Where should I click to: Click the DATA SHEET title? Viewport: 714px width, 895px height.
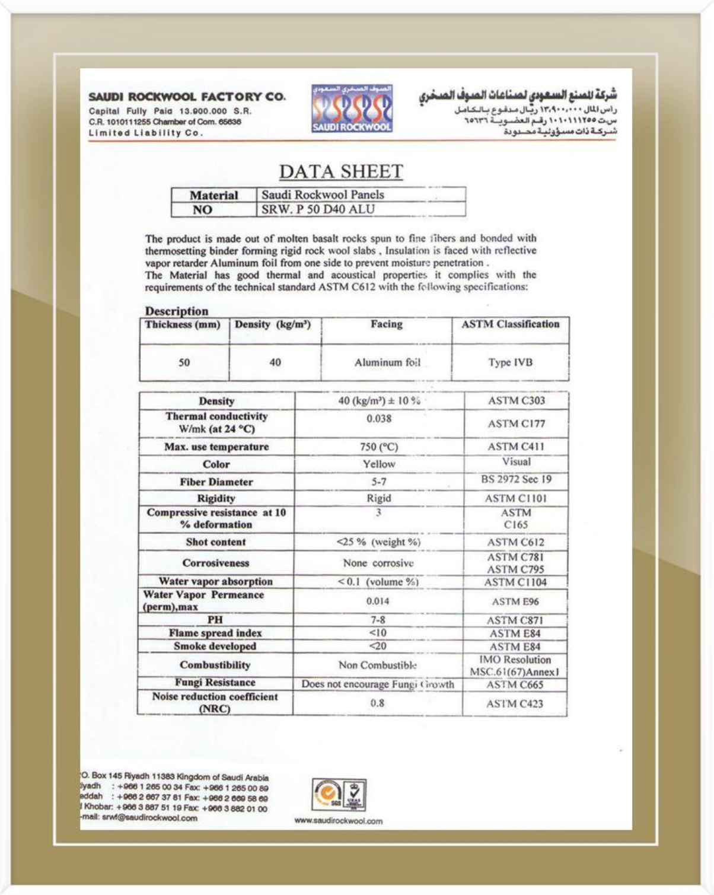tap(341, 171)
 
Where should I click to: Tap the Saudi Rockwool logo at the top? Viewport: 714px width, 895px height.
tap(351, 108)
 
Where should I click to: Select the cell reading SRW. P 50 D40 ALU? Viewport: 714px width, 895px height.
tap(318, 209)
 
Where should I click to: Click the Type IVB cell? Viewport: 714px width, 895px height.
tap(510, 362)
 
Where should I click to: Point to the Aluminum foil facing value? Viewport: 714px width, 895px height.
tap(387, 362)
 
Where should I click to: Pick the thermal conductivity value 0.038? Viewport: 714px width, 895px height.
tap(378, 419)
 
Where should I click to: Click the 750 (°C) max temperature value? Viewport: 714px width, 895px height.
tap(378, 447)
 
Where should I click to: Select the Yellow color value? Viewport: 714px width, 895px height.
tap(378, 464)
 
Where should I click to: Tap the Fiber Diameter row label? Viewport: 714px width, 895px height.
tap(216, 482)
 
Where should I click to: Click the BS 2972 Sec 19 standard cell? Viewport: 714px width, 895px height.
tap(516, 479)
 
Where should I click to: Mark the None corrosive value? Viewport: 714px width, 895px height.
tap(378, 563)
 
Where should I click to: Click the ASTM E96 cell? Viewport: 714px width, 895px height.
tap(515, 601)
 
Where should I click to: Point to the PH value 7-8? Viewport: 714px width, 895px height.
tap(378, 620)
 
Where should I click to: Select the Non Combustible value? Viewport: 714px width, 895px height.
tap(378, 665)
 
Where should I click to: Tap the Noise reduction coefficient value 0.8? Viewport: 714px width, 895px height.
tap(377, 703)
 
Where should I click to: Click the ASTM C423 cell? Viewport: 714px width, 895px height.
tap(515, 704)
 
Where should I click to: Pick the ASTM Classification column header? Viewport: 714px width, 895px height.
tap(510, 324)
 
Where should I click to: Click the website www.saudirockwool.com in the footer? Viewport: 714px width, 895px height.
tap(339, 821)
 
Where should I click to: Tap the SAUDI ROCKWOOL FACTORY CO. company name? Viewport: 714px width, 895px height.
tap(187, 97)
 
